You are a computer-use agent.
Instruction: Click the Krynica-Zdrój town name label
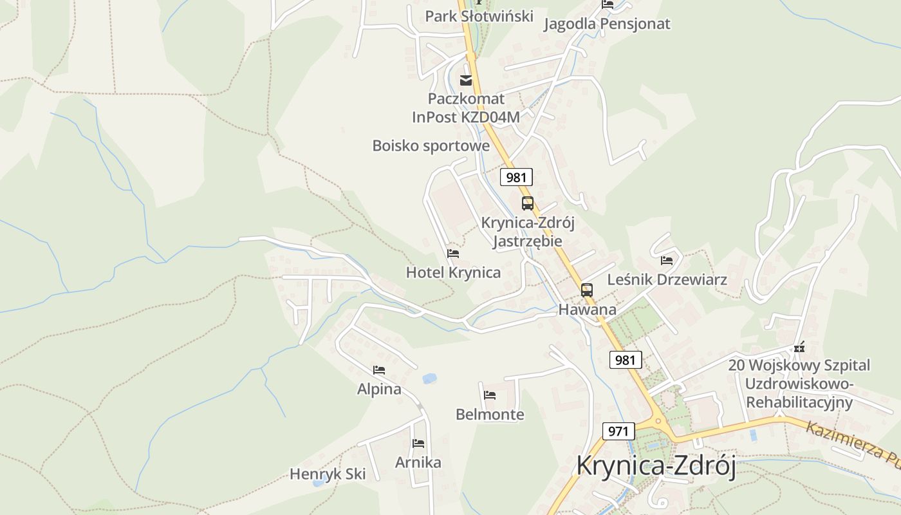[x=655, y=465]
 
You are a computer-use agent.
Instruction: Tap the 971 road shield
[x=618, y=431]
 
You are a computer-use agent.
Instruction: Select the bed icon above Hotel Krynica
[x=453, y=254]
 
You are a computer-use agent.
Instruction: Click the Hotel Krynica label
[x=453, y=272]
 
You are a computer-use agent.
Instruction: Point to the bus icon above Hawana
[x=586, y=290]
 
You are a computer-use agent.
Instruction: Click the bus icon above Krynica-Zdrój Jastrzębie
[x=528, y=203]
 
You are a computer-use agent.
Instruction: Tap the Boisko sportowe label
[x=431, y=145]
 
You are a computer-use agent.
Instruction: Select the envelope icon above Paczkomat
[x=466, y=80]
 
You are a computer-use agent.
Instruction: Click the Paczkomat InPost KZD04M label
[x=466, y=108]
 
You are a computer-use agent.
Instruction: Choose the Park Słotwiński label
[x=479, y=16]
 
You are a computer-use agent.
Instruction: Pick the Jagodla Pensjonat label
[x=607, y=24]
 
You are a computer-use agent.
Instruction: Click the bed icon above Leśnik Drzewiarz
[x=667, y=261]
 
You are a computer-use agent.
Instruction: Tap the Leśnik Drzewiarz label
[x=667, y=279]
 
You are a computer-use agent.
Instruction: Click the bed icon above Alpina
[x=379, y=370]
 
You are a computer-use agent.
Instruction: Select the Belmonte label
[x=490, y=414]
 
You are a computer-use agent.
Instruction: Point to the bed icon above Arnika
[x=418, y=444]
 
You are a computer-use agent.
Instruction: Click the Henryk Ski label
[x=328, y=474]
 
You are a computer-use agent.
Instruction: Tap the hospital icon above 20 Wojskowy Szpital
[x=799, y=348]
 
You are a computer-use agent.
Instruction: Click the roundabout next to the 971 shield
[x=658, y=423]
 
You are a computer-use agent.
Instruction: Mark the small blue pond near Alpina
[x=429, y=379]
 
